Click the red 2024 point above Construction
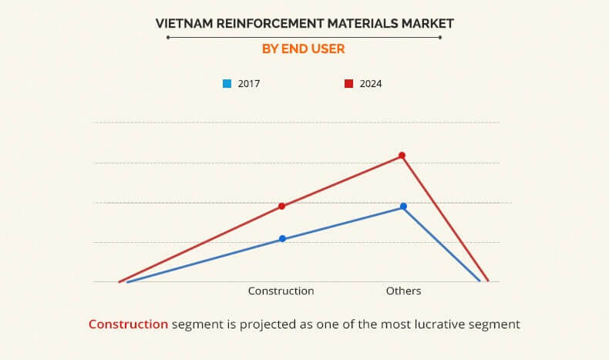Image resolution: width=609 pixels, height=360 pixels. coord(282,206)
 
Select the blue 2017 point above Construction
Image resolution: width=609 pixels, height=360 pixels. coord(282,239)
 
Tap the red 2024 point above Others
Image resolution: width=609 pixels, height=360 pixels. coord(402,156)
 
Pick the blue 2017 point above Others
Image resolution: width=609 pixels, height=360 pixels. coord(403,207)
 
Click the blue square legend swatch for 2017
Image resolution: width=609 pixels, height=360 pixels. coord(227,83)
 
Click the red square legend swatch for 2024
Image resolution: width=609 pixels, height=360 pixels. coord(348,83)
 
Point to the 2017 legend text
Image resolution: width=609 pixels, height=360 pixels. coord(248,83)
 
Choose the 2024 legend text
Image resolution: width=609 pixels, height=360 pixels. coord(371,83)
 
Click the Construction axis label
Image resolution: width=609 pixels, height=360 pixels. coord(281,291)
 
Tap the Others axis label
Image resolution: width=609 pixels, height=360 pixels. coord(403,291)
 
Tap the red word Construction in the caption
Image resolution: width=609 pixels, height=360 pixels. coord(128,325)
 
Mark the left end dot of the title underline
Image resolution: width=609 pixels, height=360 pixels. coord(168,36)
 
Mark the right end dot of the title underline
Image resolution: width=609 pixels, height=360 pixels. coord(440,36)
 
